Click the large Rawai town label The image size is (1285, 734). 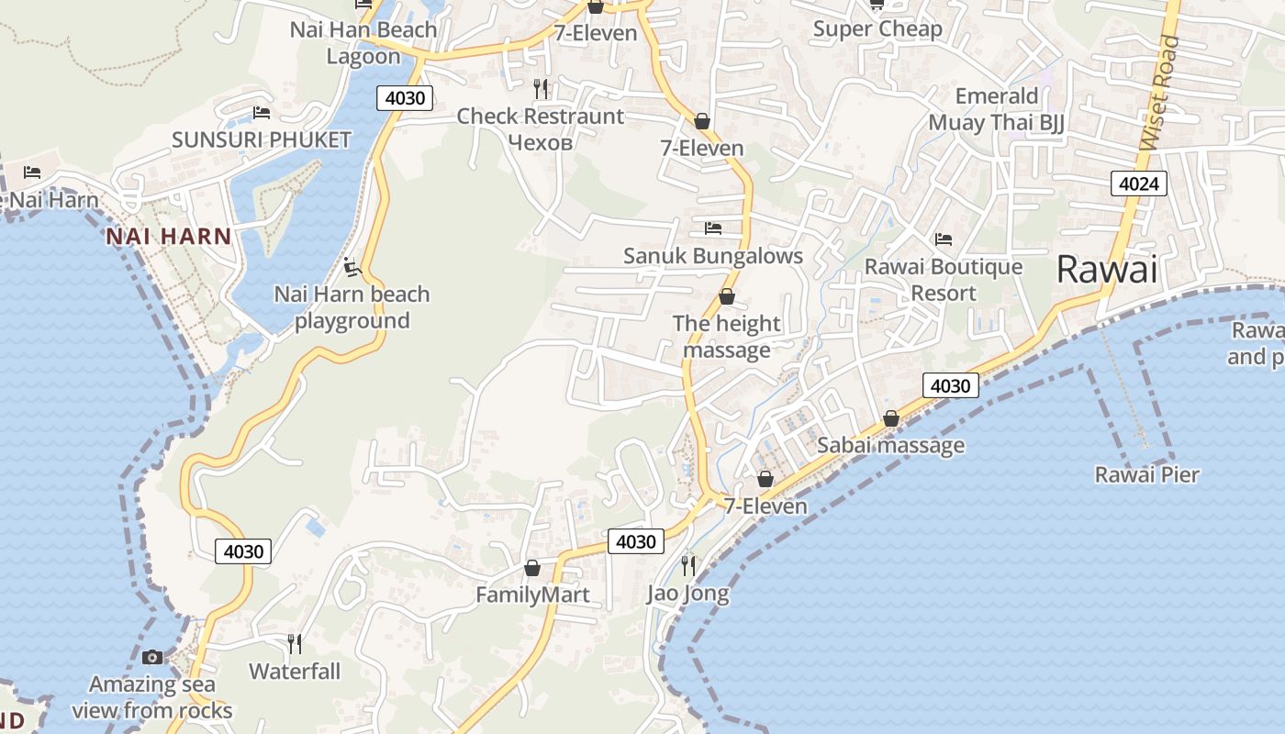click(1106, 270)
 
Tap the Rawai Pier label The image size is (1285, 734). click(1147, 474)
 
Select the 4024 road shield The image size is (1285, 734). click(1139, 183)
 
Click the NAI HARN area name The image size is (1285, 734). click(169, 237)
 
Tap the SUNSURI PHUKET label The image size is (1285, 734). click(262, 139)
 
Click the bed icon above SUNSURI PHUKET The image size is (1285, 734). click(262, 114)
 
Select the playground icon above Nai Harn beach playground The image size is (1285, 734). click(352, 268)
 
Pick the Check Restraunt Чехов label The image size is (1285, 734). click(541, 129)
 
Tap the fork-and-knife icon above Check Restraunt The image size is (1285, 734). click(541, 88)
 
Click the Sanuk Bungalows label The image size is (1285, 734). click(713, 256)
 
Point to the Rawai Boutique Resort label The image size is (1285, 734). click(944, 280)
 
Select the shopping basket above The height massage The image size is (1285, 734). click(727, 296)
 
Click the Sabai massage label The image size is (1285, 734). click(890, 446)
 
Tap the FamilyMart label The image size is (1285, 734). click(532, 595)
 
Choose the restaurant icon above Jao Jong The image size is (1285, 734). click(688, 565)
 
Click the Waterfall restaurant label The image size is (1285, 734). click(295, 672)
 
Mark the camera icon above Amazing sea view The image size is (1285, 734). click(152, 657)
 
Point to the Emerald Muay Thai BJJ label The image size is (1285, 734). click(997, 109)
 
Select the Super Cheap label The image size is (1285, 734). click(877, 29)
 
